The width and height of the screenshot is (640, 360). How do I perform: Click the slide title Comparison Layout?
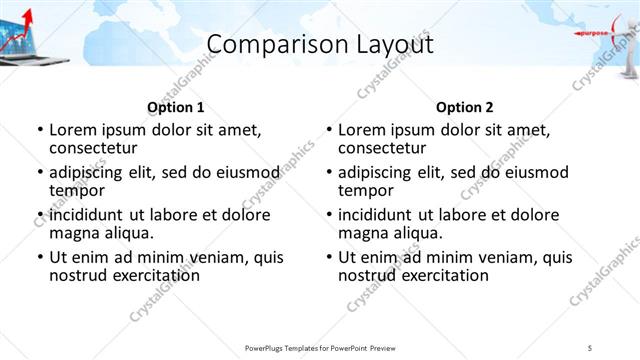click(x=320, y=45)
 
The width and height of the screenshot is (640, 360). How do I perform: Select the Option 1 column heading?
click(x=176, y=107)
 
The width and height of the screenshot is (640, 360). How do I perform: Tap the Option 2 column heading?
click(x=465, y=107)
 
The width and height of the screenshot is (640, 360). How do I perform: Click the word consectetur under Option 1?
click(x=96, y=147)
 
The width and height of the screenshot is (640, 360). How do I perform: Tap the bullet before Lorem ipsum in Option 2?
click(x=328, y=130)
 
